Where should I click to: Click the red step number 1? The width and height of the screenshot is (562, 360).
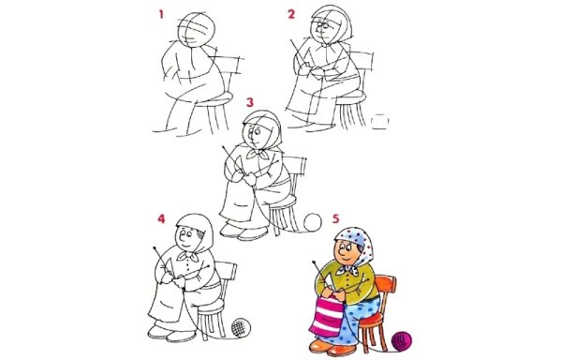coord(161,15)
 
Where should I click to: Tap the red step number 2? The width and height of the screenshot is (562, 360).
coord(291,14)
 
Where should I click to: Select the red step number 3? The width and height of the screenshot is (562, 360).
coord(248,100)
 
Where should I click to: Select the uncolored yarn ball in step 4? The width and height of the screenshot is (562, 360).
coord(241,327)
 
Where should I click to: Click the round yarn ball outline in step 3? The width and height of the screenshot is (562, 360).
coord(311,222)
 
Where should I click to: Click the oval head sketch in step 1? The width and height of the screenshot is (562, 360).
coord(198,28)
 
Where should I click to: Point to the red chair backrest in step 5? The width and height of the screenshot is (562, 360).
coord(391,278)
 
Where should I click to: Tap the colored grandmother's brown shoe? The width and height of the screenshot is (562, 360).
coord(323,348)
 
